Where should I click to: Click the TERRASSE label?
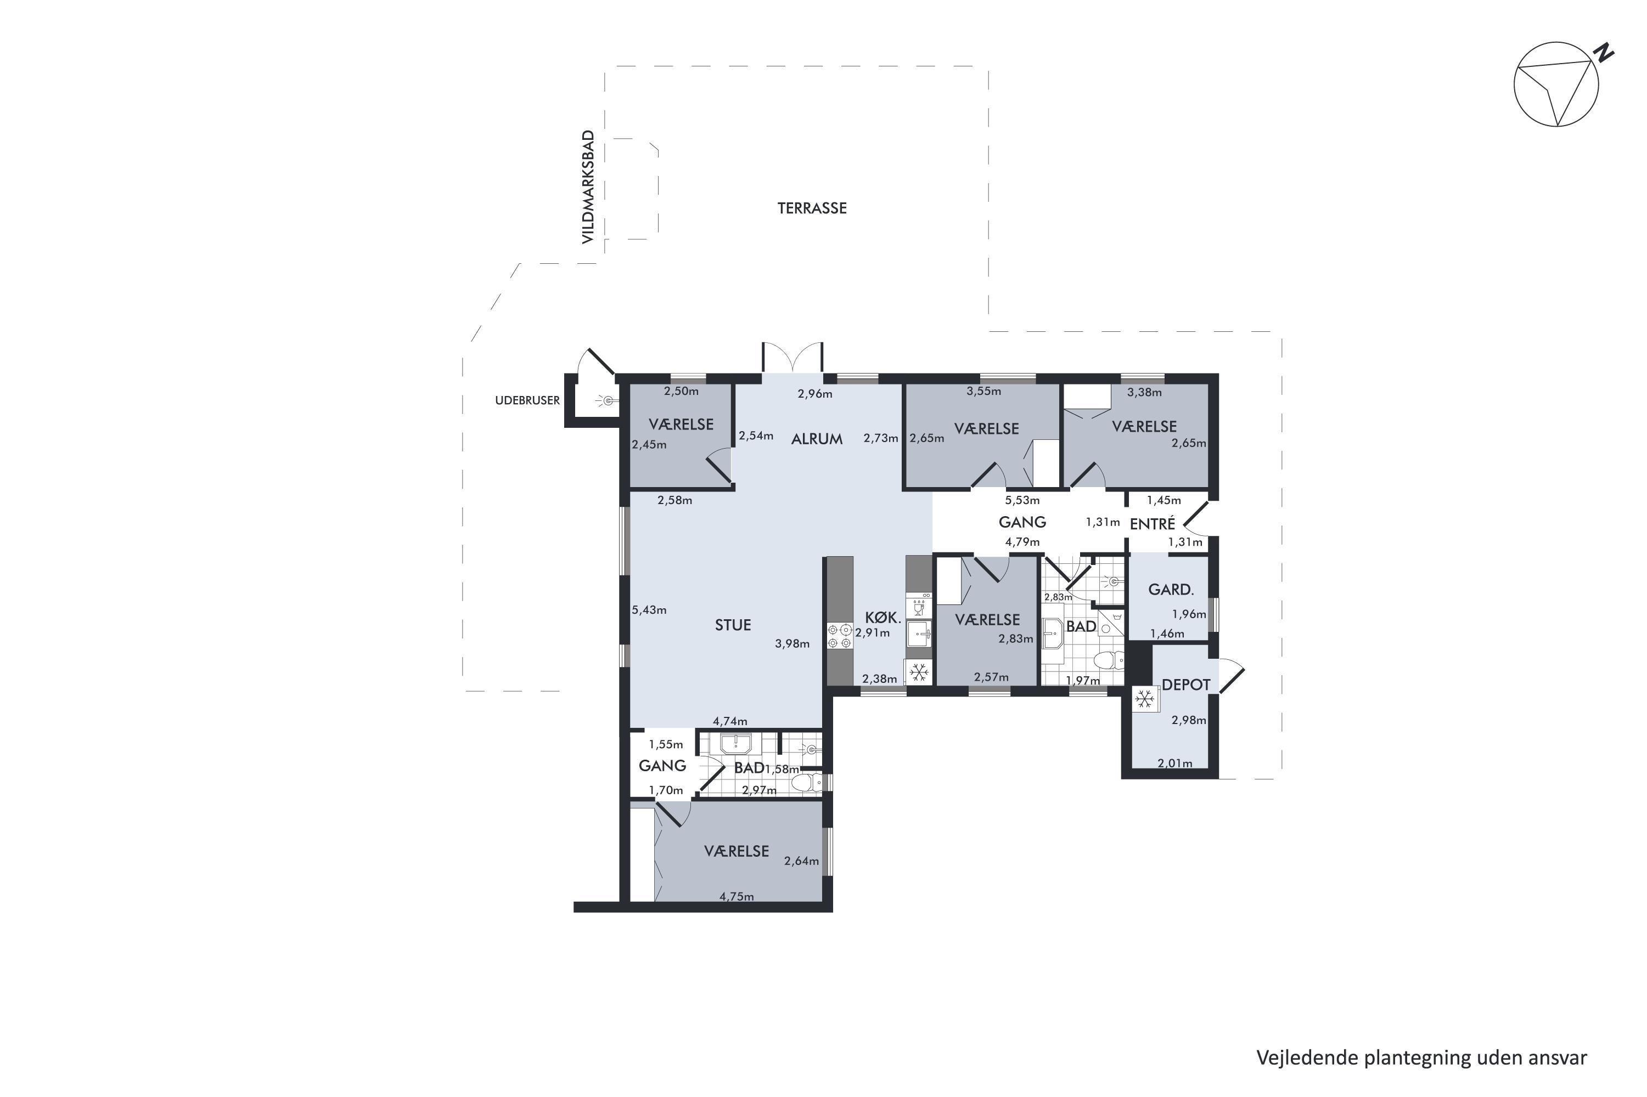click(812, 208)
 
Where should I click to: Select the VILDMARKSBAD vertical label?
click(588, 188)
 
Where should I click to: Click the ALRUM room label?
click(817, 439)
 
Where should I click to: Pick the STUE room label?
click(733, 625)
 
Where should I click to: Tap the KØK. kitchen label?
click(882, 617)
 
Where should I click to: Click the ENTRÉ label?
click(1152, 523)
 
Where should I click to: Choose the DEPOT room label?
click(1187, 685)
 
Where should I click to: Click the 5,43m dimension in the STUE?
click(649, 610)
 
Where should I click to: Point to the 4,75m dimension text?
click(737, 897)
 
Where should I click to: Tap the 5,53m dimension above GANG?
click(1022, 500)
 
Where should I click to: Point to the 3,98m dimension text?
click(792, 643)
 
